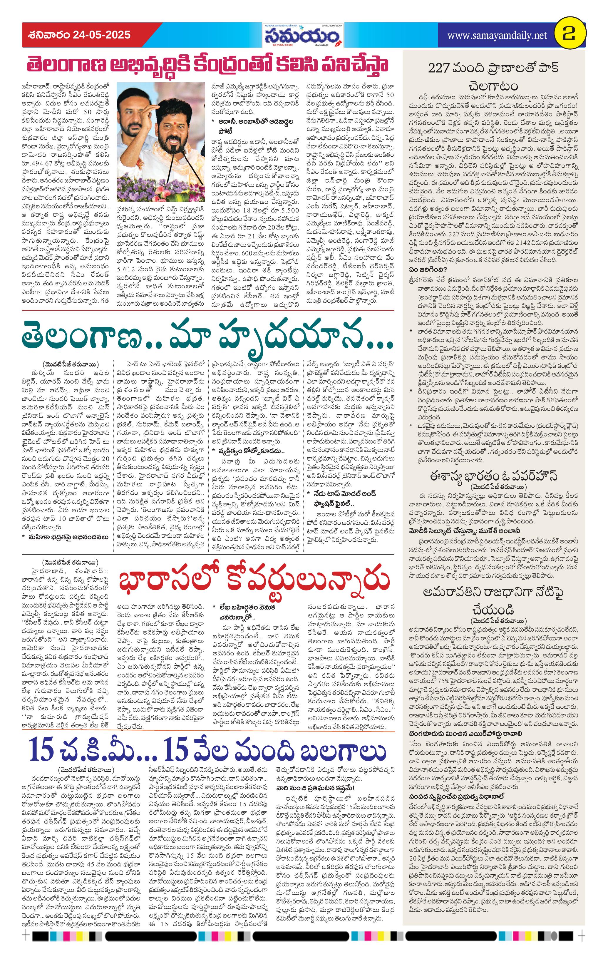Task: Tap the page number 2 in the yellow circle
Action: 569,35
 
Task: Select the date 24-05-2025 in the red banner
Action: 102,35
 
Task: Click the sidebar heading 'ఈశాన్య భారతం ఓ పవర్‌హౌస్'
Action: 493,476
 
